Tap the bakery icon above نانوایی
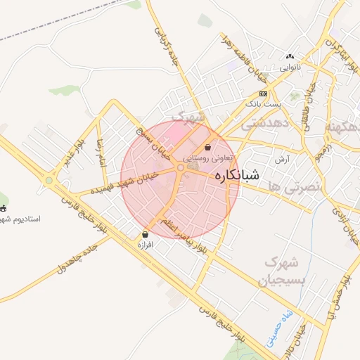point(290,57)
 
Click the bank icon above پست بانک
point(263,94)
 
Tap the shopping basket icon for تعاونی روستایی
point(208,148)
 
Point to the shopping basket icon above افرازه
point(145,235)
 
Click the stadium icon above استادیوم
point(3,208)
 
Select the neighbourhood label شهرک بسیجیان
point(281,272)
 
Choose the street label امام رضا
point(99,152)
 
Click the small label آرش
point(283,160)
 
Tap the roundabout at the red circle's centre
point(181,167)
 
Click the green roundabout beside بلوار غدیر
point(49,180)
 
